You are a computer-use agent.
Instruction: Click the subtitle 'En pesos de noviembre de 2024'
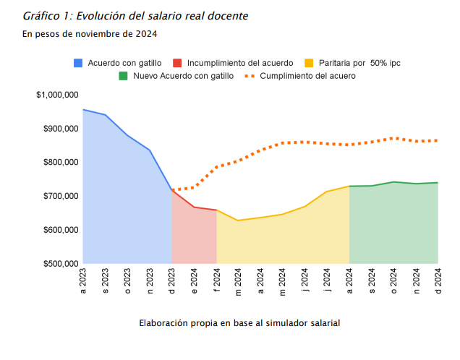tap(90, 34)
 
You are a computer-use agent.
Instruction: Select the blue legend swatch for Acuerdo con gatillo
tap(78, 63)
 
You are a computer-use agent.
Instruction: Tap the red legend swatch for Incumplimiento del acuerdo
tap(177, 63)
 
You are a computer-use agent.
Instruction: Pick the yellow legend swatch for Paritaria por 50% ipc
tap(310, 63)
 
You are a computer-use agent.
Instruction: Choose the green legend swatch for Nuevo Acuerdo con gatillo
tap(123, 76)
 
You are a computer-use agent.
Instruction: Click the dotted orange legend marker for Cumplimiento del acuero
tap(250, 76)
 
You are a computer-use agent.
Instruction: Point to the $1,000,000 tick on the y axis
tap(57, 95)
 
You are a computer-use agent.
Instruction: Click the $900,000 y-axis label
tap(57, 129)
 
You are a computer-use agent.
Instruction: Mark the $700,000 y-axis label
tap(57, 196)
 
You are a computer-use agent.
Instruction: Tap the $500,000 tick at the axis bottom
tap(57, 264)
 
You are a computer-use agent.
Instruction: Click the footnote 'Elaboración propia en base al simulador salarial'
tap(239, 323)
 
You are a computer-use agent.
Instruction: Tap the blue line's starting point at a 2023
tap(83, 110)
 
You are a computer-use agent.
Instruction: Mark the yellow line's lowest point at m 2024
tap(238, 220)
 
